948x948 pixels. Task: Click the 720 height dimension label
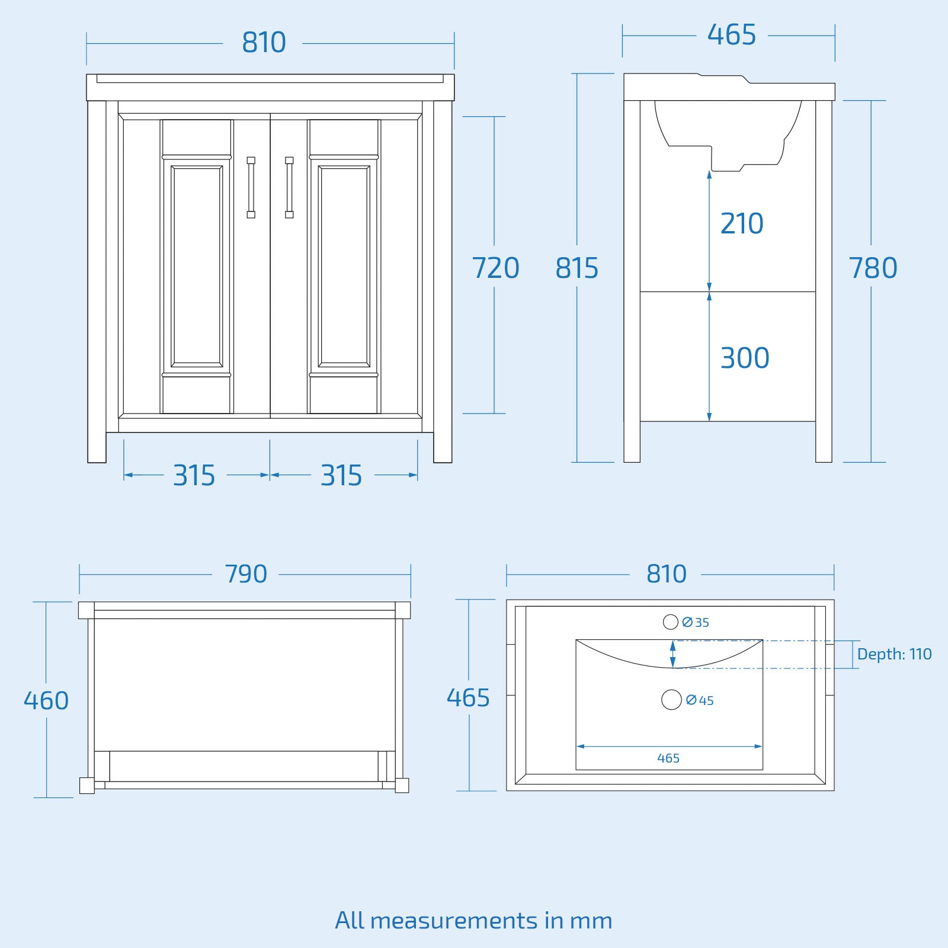pos(495,268)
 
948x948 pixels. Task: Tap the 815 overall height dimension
pos(577,268)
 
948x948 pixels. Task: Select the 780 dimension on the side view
pos(873,268)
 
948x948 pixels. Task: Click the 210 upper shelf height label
pos(742,223)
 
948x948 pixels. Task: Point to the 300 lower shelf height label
pos(745,358)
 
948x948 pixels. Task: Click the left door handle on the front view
pos(251,187)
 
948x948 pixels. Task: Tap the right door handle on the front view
pos(289,187)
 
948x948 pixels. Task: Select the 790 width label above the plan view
pos(246,574)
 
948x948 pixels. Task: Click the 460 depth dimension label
pos(46,700)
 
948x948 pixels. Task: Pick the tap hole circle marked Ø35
pos(670,622)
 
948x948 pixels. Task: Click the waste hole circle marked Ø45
pos(671,700)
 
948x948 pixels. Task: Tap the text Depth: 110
pos(894,654)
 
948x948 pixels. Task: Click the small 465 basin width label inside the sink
pos(668,758)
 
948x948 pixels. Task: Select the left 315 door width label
pos(194,475)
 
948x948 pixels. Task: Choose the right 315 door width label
pos(341,475)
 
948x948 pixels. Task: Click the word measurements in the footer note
pos(455,920)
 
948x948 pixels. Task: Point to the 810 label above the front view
pos(264,43)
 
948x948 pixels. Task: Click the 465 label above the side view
pos(732,35)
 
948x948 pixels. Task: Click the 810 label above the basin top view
pos(667,574)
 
